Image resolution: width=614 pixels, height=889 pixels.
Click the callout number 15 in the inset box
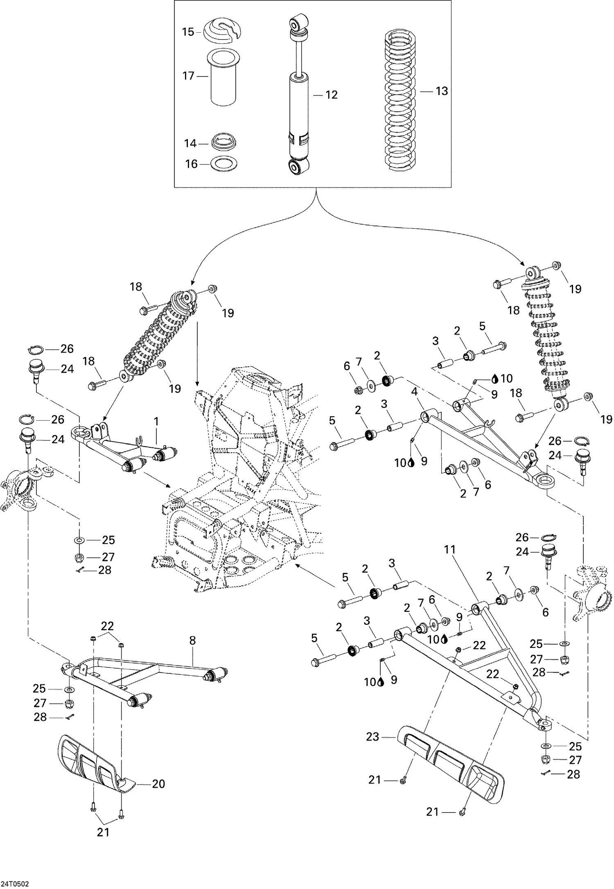[188, 32]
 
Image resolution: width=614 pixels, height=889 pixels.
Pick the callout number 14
[190, 143]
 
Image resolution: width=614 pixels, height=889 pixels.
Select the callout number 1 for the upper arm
[156, 422]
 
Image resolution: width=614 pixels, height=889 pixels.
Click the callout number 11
[450, 550]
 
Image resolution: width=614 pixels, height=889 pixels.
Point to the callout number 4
[414, 392]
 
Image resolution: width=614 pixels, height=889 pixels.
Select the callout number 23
[372, 737]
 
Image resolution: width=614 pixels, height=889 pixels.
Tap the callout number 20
[158, 784]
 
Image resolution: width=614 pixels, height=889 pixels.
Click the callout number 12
[331, 95]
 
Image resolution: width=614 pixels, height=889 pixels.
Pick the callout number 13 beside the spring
[442, 91]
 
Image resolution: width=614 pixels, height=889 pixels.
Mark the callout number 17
[188, 76]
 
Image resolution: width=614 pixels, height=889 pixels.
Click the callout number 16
[191, 164]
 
